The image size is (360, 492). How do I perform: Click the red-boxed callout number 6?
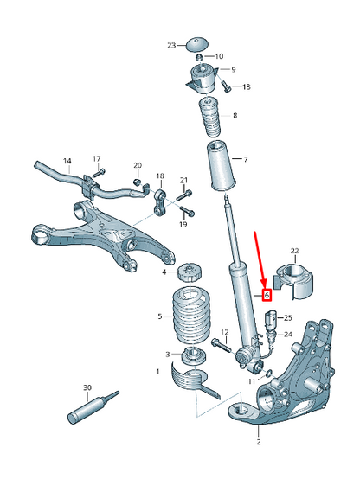267,295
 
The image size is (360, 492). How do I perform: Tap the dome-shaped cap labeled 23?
199,43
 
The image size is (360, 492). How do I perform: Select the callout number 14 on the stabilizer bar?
67,161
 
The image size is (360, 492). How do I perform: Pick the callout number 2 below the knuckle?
257,443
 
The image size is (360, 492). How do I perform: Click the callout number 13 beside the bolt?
247,87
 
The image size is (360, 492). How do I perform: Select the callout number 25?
288,319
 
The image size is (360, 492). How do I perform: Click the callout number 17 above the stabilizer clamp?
97,159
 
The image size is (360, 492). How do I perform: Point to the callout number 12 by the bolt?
224,332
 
